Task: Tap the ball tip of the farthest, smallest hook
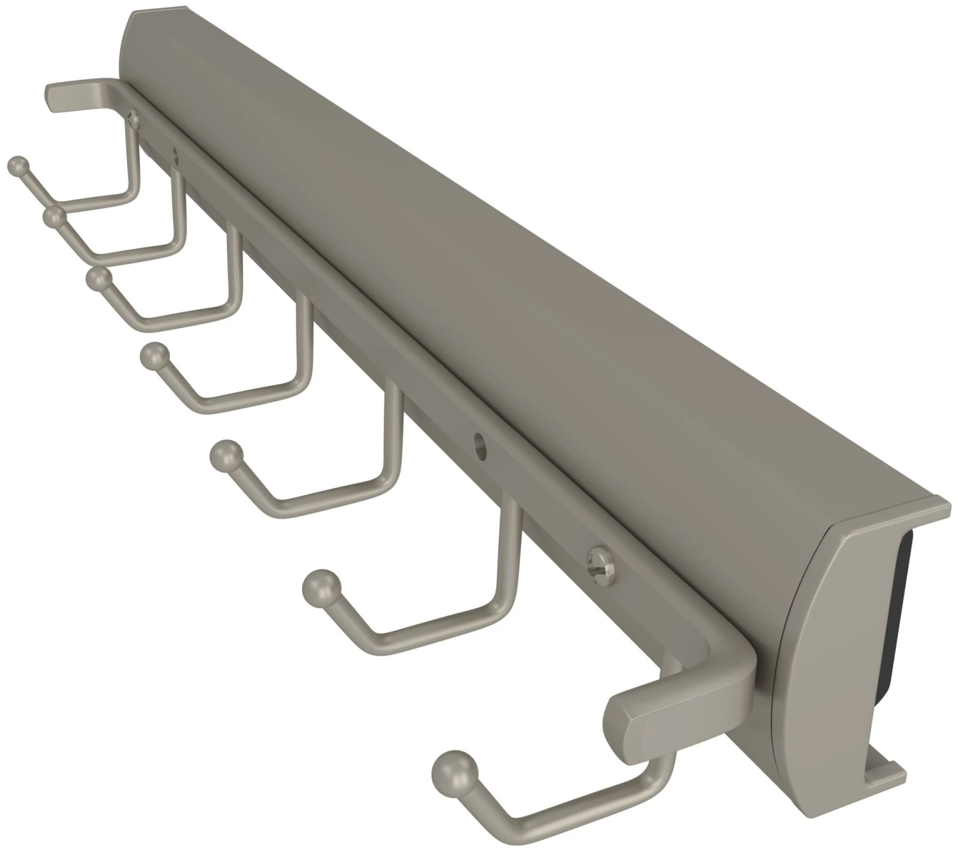click(x=18, y=165)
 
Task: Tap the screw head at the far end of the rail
click(x=132, y=116)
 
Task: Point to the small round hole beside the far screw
click(x=174, y=153)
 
